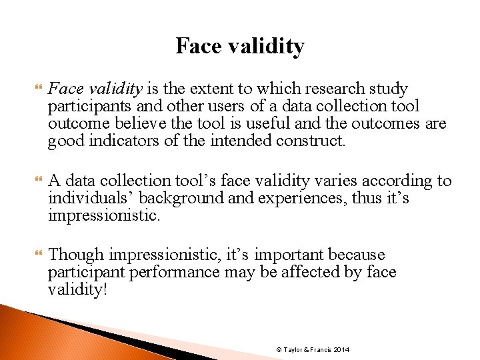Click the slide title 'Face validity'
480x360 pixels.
coord(240,46)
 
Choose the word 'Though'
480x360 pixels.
coord(77,255)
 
